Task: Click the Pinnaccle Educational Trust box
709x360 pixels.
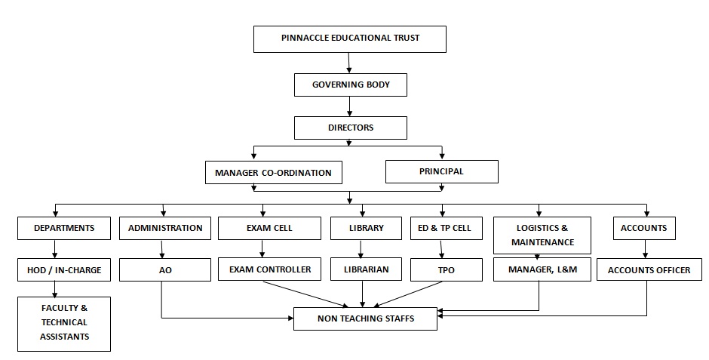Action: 350,38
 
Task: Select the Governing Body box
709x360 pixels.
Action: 351,85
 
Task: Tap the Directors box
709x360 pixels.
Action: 351,128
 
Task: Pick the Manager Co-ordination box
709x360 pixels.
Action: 273,172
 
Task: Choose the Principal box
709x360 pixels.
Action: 441,171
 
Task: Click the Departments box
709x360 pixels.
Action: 64,228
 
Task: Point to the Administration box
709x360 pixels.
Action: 165,228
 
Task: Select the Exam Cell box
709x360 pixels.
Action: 269,228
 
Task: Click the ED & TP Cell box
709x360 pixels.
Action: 445,228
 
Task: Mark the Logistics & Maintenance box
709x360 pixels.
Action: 542,235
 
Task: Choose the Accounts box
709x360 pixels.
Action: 643,228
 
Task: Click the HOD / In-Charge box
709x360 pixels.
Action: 64,269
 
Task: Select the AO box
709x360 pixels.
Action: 165,269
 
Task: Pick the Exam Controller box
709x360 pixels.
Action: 269,269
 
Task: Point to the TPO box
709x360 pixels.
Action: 445,269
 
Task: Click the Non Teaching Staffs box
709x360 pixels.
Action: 365,318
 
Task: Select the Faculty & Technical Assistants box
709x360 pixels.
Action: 64,323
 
